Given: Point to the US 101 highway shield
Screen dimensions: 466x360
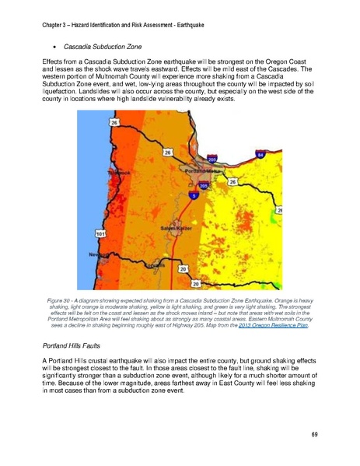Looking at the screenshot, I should [100, 233].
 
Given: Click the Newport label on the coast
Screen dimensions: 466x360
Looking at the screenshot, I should [96, 255].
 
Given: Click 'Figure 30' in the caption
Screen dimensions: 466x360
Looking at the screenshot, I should [61, 298].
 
